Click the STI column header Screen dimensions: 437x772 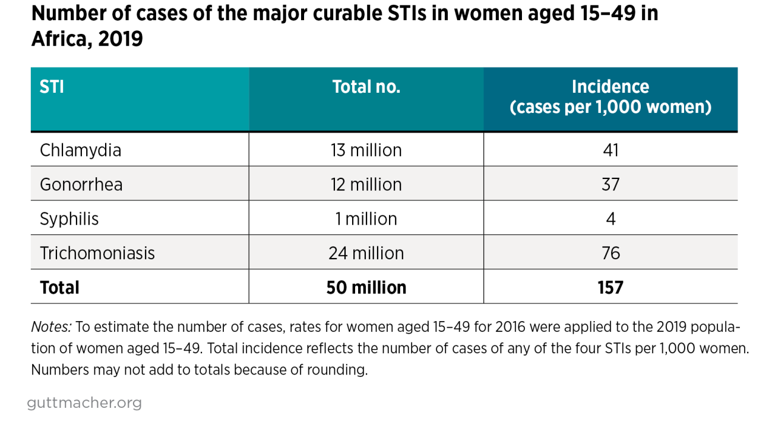tap(52, 87)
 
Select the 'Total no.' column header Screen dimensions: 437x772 tap(366, 87)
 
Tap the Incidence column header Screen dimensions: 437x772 tap(610, 98)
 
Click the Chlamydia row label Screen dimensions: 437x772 tap(80, 150)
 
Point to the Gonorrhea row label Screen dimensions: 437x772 tap(81, 184)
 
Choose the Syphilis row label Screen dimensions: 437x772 tap(69, 219)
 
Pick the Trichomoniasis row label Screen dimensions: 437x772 tap(97, 253)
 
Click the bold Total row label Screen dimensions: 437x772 tap(59, 288)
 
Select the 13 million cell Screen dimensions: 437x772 tap(366, 150)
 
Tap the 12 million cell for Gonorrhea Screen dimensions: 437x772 tap(366, 184)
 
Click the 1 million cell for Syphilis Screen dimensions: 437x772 tap(366, 219)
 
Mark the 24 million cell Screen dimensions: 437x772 tap(366, 253)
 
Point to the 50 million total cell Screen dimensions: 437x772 tap(366, 288)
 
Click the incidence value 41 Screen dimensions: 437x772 tap(610, 150)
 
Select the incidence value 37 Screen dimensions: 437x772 tap(610, 184)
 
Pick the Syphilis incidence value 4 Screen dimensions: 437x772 tap(610, 219)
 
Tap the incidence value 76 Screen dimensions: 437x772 tap(610, 253)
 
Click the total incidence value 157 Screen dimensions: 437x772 tap(610, 288)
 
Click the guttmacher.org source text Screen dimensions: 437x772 tap(84, 403)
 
